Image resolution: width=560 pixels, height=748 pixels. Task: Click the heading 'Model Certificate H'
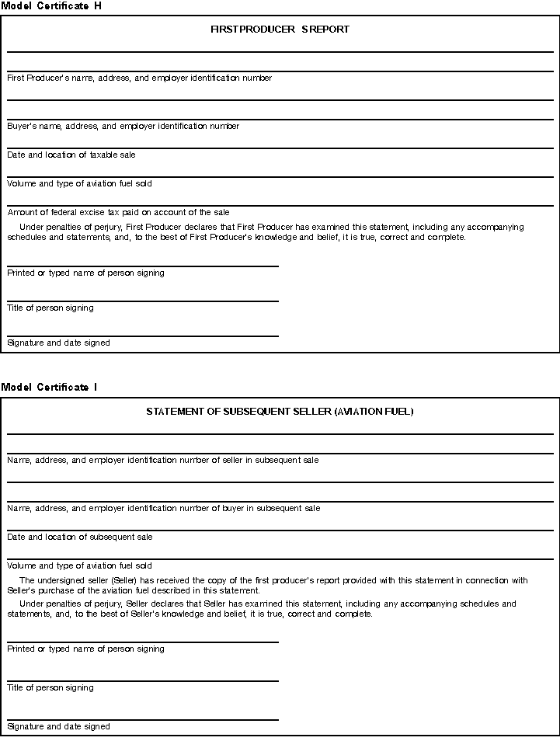click(x=51, y=5)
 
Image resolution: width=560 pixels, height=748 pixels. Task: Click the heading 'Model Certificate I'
click(x=49, y=387)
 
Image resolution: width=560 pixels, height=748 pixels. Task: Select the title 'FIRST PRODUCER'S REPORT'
click(x=280, y=30)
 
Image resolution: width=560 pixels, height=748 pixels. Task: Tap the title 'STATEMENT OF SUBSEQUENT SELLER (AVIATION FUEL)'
click(x=280, y=412)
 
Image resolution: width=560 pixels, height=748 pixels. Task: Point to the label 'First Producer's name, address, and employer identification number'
click(x=139, y=78)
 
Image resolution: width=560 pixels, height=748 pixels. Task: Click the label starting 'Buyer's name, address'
click(x=123, y=126)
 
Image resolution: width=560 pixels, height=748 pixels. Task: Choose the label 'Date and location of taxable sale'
click(x=71, y=155)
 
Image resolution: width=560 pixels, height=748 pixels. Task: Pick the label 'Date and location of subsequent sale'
click(x=79, y=537)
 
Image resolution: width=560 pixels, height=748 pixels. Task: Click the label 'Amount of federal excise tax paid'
click(x=118, y=212)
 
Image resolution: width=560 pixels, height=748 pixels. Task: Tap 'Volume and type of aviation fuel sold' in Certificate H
click(x=79, y=183)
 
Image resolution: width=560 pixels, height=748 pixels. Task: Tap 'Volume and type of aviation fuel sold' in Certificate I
click(x=79, y=565)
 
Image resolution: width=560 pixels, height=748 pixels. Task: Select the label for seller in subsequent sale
click(x=162, y=460)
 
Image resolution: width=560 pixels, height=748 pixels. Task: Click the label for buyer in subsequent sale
click(x=163, y=508)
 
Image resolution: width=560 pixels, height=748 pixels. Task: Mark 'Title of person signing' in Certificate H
click(x=50, y=308)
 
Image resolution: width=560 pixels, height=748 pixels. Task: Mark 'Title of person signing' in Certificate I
click(x=50, y=687)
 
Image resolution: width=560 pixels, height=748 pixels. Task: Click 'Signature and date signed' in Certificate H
click(x=58, y=343)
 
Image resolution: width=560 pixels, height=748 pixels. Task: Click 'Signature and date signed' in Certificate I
click(x=58, y=726)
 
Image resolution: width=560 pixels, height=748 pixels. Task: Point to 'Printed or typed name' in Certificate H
click(x=85, y=273)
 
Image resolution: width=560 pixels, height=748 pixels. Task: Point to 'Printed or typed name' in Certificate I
click(x=85, y=649)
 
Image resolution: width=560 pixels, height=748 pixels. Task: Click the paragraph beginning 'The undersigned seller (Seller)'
click(x=272, y=585)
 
